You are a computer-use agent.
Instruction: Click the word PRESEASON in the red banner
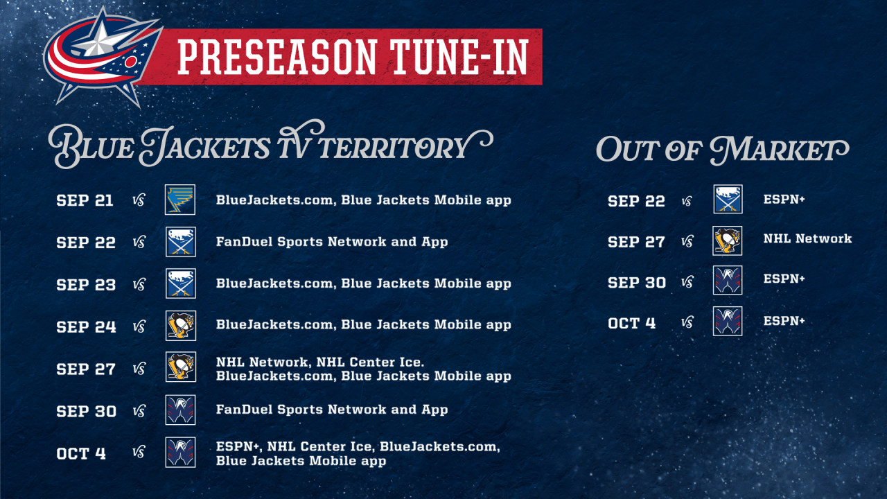[276, 57]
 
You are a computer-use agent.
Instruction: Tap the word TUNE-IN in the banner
[459, 57]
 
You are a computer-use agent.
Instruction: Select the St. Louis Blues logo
[180, 200]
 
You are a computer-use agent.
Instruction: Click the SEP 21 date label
[85, 200]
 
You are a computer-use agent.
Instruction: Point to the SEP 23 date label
[86, 285]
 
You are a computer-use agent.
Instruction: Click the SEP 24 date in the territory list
[86, 327]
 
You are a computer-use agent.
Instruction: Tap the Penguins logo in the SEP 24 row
[181, 326]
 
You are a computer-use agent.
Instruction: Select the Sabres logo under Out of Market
[728, 199]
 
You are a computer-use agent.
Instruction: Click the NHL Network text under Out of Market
[807, 238]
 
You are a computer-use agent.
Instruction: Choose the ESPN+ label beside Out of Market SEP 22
[784, 199]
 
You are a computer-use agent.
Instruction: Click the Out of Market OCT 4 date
[631, 324]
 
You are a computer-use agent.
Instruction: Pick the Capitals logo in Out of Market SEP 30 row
[728, 280]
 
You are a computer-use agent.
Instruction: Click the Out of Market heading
[723, 150]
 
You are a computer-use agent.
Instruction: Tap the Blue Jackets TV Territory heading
[270, 145]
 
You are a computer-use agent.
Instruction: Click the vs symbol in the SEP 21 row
[139, 200]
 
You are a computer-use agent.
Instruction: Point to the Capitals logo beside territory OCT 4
[181, 453]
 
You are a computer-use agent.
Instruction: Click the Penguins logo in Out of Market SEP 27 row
[728, 240]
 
